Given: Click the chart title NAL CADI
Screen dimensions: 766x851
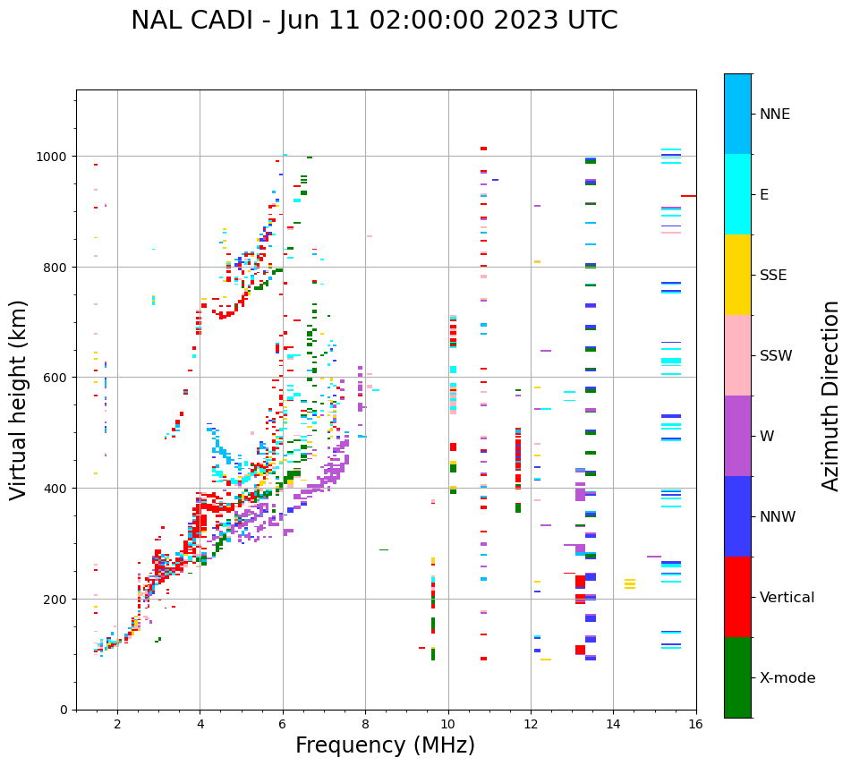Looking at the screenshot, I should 193,21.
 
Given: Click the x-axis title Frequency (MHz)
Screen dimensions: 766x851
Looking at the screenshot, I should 385,745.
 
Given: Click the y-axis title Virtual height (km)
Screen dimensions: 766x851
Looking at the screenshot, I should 19,399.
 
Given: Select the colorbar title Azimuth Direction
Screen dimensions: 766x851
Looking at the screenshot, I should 831,396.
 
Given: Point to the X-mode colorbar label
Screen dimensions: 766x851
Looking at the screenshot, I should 787,678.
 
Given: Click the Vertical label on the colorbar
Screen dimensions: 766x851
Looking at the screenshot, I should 787,598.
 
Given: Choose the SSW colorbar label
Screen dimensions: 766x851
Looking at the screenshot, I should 776,356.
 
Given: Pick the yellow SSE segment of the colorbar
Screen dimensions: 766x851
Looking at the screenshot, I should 737,275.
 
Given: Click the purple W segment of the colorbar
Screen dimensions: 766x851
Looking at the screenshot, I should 737,436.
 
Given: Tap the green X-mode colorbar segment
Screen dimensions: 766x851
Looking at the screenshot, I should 737,677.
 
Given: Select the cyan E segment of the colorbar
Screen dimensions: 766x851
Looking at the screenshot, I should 737,194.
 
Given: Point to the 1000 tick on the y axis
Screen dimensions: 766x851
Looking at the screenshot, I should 52,157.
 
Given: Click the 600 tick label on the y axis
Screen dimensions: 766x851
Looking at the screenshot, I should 55,378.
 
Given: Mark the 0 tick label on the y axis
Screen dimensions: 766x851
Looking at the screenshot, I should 64,710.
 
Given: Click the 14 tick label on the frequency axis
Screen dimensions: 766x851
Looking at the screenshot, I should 613,725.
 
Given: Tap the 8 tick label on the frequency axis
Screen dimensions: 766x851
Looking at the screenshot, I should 365,725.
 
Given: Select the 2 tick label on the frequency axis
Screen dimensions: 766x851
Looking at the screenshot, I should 117,725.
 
